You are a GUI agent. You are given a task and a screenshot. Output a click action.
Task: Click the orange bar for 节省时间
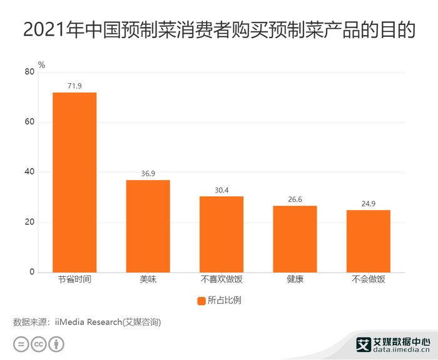[74, 182]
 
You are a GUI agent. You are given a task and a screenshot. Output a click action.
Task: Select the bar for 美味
[148, 226]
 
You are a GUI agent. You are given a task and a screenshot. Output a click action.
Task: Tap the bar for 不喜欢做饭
[222, 234]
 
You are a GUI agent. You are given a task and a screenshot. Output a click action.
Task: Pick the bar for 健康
[295, 239]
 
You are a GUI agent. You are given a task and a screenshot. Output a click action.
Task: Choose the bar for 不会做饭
[369, 241]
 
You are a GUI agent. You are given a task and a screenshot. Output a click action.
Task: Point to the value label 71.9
[74, 86]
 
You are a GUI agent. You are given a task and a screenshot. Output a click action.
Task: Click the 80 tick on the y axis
[29, 72]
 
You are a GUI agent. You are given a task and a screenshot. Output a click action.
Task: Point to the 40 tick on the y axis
[29, 172]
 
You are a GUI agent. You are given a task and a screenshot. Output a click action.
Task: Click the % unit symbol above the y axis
[41, 64]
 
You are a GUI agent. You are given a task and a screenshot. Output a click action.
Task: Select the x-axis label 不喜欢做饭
[222, 280]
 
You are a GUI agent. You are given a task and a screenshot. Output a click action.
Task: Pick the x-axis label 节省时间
[74, 280]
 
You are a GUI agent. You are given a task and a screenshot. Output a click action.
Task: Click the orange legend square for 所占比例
[201, 300]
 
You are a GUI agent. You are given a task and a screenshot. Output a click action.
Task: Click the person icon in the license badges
[57, 344]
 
